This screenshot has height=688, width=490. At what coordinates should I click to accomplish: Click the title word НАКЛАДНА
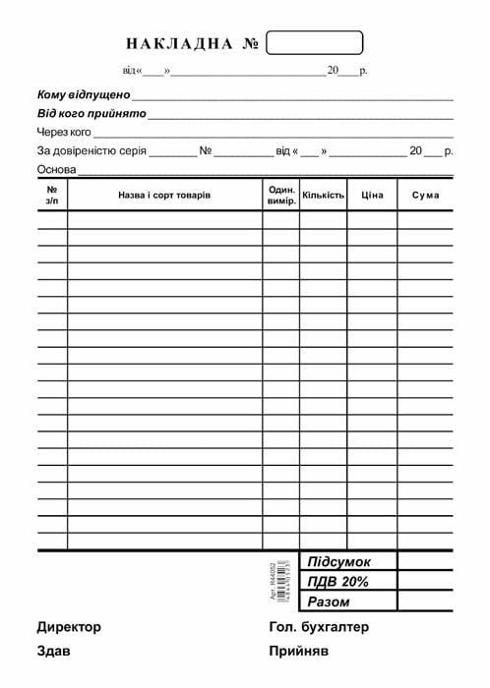[179, 44]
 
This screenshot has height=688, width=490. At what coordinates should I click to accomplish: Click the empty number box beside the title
[315, 42]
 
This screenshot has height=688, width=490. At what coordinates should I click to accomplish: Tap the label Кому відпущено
[84, 95]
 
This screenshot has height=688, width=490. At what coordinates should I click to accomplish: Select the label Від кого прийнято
[92, 114]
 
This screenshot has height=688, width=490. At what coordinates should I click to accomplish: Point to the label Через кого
[64, 132]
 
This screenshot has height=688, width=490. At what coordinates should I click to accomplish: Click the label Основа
[56, 169]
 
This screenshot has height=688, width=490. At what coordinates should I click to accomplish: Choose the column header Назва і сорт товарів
[164, 195]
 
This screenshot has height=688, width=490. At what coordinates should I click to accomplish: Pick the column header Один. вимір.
[281, 195]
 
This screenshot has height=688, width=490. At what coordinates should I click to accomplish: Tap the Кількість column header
[324, 195]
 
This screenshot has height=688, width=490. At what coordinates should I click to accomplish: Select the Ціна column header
[372, 195]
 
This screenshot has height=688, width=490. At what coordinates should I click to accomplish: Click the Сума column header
[425, 195]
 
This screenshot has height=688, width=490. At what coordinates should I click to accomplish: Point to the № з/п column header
[52, 195]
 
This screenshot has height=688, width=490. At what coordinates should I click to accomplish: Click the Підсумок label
[339, 562]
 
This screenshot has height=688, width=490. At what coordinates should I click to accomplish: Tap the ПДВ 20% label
[337, 582]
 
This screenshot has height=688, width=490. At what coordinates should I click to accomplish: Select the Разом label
[329, 602]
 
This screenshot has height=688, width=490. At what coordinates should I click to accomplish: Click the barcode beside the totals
[282, 580]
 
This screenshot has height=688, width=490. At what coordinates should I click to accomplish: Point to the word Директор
[69, 627]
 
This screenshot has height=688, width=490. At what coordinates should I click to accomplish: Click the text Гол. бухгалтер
[318, 627]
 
